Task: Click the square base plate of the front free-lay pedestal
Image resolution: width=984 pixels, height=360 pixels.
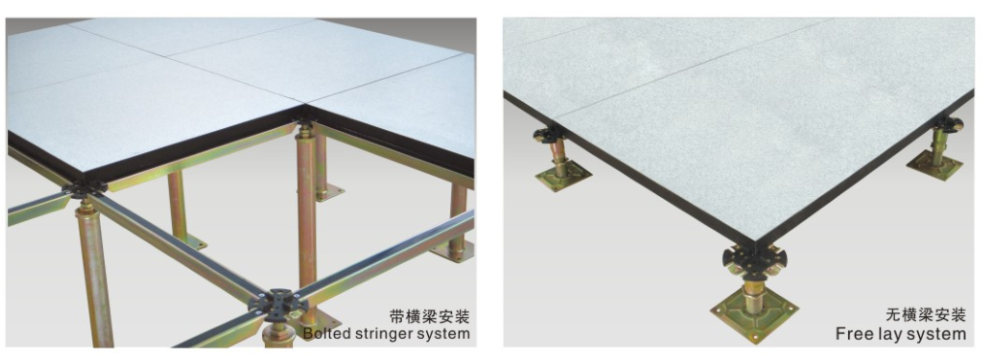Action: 754,308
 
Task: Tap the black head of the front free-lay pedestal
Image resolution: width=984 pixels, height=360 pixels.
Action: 753,259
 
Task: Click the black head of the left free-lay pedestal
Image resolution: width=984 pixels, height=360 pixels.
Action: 547,135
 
